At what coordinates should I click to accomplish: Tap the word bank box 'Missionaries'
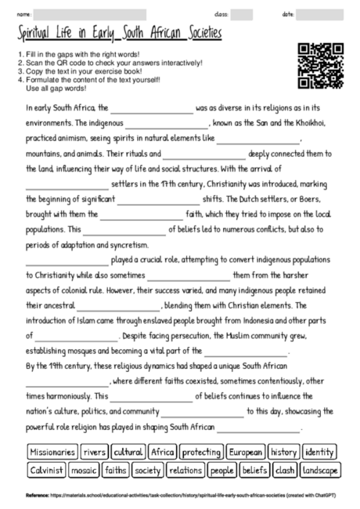point(52,452)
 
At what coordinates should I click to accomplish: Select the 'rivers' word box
point(94,452)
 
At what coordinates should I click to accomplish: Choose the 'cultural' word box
point(128,452)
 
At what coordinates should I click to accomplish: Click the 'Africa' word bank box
point(162,452)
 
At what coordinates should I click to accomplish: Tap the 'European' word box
point(246,452)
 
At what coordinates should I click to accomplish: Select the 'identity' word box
point(319,452)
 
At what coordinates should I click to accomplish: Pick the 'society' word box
point(148,471)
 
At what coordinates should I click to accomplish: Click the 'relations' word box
point(185,471)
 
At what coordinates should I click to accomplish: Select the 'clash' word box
point(286,471)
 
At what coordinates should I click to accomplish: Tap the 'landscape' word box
point(321,471)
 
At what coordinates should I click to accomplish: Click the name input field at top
point(90,14)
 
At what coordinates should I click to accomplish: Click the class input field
point(242,14)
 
